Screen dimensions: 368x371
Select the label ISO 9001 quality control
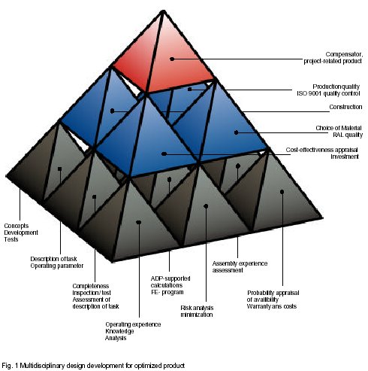(328, 93)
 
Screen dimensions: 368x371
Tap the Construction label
(345, 107)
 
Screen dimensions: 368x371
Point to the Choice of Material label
(339, 128)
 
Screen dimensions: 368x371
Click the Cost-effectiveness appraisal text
(321, 150)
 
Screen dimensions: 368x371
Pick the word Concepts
(17, 226)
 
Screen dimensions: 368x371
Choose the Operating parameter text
(57, 266)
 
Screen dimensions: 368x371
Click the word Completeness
(91, 286)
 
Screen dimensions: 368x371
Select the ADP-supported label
(170, 278)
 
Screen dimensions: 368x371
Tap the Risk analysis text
(197, 308)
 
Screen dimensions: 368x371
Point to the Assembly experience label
(240, 263)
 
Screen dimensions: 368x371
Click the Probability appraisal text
(273, 293)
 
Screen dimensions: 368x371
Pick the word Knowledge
(119, 331)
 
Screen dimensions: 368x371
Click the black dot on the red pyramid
(172, 59)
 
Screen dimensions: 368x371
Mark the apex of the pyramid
(164, 11)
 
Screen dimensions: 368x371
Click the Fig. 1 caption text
(93, 366)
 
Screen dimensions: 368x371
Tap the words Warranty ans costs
(272, 306)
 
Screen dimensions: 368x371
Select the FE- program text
(167, 292)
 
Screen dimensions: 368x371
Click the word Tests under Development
(11, 239)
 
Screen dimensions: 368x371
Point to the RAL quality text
(348, 135)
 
